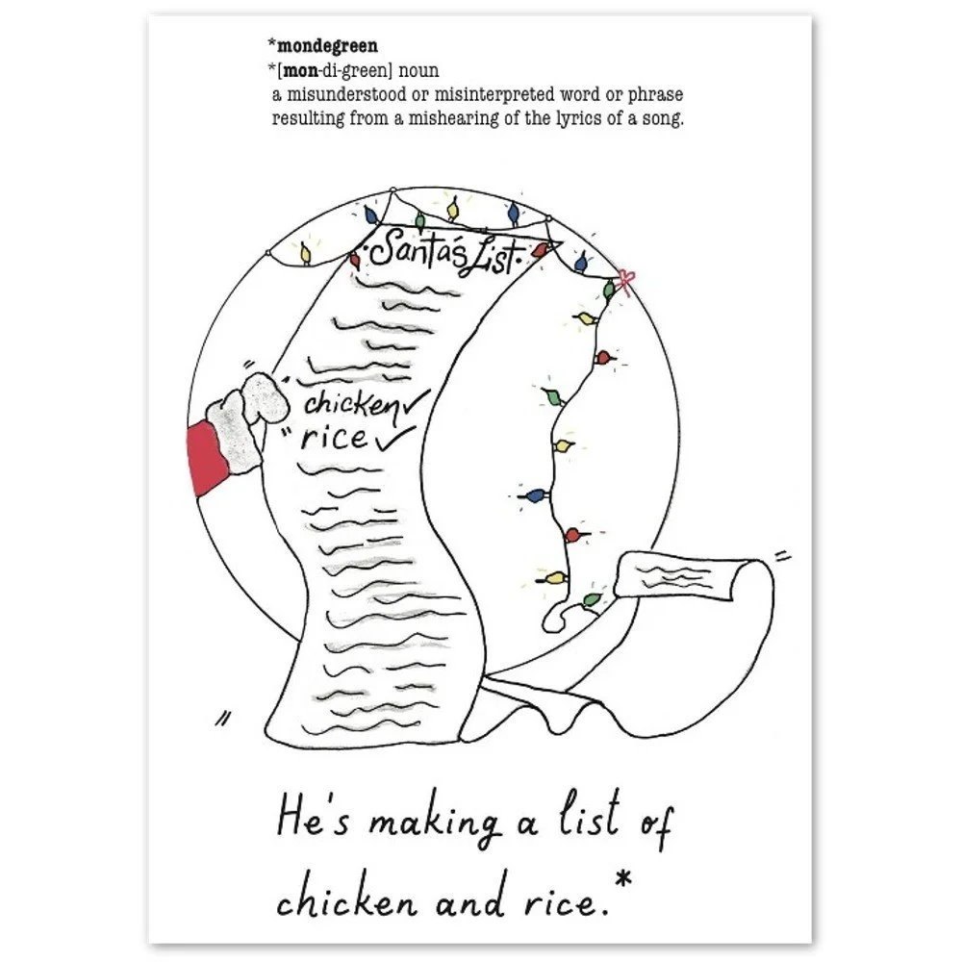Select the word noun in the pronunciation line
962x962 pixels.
click(x=418, y=70)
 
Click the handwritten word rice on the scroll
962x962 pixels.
click(x=332, y=439)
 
